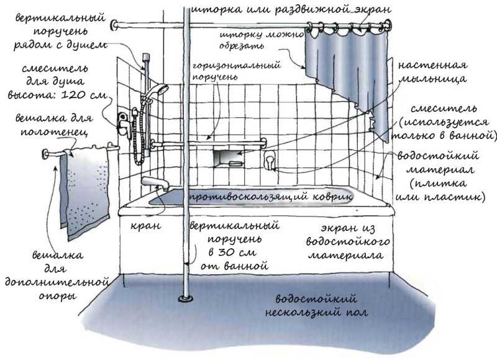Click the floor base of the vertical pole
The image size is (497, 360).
click(x=186, y=298)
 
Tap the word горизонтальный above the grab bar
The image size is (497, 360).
click(x=237, y=65)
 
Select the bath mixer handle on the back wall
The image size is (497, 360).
click(x=269, y=160)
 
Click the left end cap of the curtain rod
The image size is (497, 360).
click(x=114, y=25)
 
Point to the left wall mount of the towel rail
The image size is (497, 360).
click(x=45, y=154)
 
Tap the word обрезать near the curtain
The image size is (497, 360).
click(x=242, y=46)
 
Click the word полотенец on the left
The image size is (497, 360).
click(x=54, y=132)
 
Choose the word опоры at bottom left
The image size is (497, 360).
click(x=57, y=296)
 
